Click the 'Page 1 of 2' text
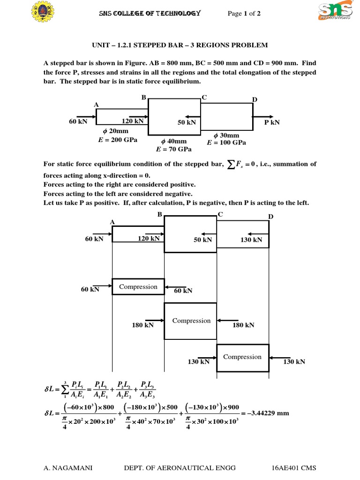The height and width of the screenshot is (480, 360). pos(244,14)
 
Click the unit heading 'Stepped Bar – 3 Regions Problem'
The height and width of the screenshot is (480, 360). pos(180,45)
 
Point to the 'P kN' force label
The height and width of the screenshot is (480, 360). pos(272,122)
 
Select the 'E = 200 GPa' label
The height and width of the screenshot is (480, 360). pos(118,140)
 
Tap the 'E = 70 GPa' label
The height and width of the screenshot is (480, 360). pos(173,150)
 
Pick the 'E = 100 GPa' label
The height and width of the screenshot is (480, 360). pos(226,142)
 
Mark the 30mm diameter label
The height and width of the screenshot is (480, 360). pos(226,135)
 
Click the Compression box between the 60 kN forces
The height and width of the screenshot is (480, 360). pos(138,287)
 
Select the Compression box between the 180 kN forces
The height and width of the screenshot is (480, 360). pos(191,321)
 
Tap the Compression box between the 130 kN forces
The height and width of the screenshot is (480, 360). pos(242,357)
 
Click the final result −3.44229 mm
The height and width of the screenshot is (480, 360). pos(268,413)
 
